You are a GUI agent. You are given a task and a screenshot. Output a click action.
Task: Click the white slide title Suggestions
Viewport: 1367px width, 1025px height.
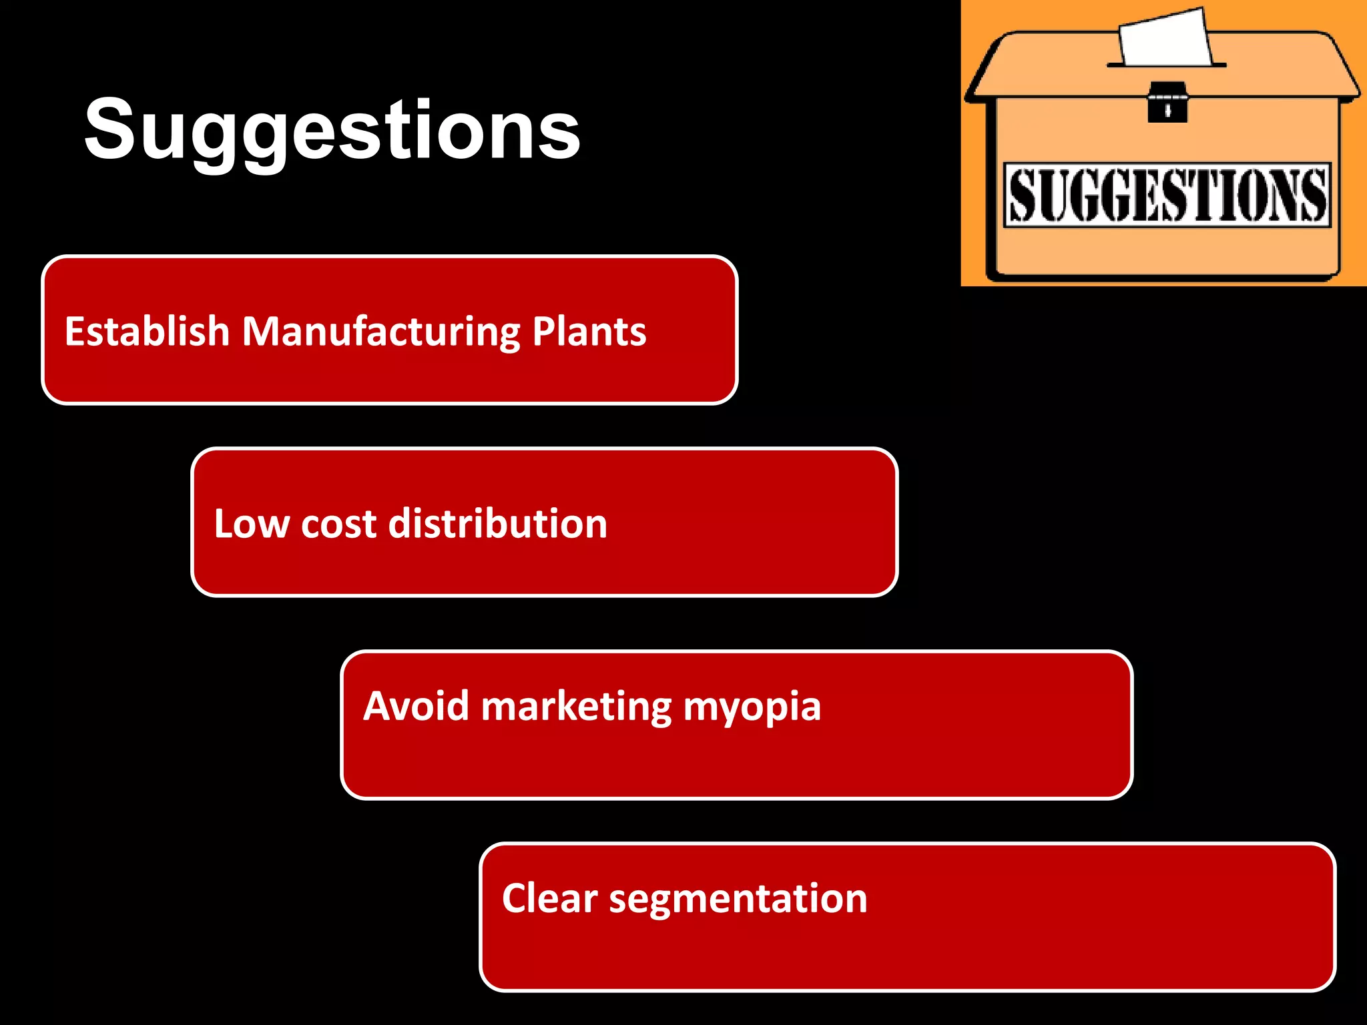332,130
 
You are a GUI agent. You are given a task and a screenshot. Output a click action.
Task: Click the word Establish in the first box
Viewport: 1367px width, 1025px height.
147,332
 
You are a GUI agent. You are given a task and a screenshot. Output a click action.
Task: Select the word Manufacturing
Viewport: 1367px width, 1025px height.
380,333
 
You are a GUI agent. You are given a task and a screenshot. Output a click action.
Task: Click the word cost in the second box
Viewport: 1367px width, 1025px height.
338,524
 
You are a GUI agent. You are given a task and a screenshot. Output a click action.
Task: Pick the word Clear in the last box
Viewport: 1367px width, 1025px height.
549,898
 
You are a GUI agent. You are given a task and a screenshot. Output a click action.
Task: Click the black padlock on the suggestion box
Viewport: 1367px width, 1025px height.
1167,103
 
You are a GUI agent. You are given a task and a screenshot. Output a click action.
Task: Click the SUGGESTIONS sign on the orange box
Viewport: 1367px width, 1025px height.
1167,195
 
